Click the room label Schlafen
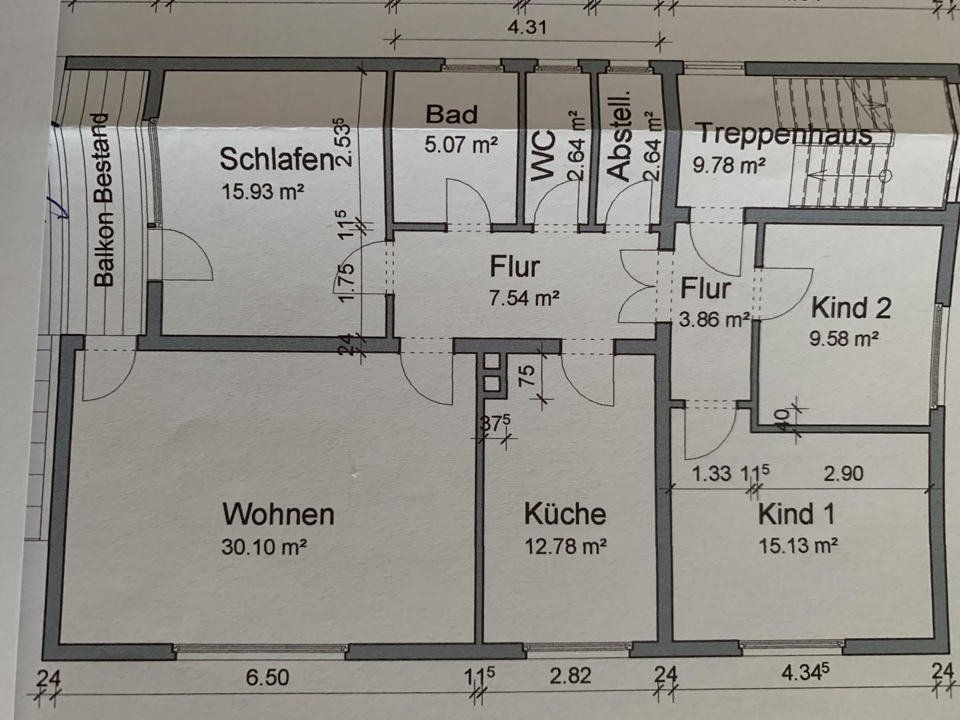tap(276, 160)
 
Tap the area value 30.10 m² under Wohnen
tap(264, 547)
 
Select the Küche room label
tap(565, 514)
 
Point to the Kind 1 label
tap(796, 515)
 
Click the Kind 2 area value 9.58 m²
tap(843, 339)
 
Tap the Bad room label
tap(451, 114)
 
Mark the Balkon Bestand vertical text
tap(103, 200)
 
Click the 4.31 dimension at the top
tap(527, 27)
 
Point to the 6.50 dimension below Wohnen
tap(267, 677)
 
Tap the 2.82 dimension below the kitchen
tap(570, 676)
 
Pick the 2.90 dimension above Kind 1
tap(843, 474)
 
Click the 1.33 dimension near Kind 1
tap(711, 474)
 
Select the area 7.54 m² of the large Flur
tap(524, 298)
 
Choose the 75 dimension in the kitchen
tap(527, 377)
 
